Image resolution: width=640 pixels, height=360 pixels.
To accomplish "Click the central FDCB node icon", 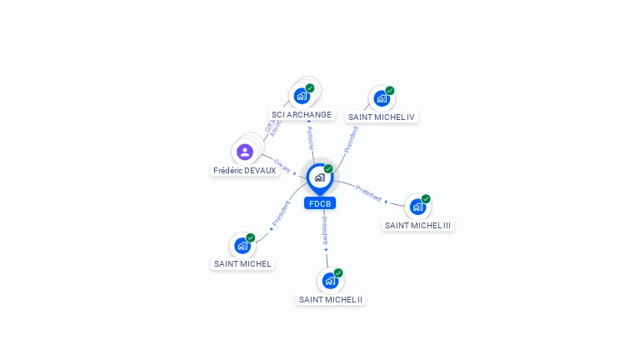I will tap(319, 177).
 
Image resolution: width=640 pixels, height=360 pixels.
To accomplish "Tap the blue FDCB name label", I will tap(320, 203).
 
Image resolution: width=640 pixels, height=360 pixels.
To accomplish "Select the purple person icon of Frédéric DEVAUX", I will tap(244, 152).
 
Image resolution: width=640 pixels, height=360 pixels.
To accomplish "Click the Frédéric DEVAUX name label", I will tap(244, 171).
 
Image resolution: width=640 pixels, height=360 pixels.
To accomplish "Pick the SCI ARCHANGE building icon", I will tap(301, 95).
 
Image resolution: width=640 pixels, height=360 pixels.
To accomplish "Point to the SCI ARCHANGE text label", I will tap(302, 115).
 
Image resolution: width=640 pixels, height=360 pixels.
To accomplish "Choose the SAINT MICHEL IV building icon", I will tap(381, 98).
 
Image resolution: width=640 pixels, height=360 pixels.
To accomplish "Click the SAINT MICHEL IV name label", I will tap(382, 117).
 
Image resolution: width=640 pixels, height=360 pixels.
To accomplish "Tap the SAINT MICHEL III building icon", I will tap(417, 207).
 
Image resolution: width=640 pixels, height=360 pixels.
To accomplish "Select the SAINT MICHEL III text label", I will tap(418, 225).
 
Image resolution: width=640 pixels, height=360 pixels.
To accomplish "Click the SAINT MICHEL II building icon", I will tap(329, 280).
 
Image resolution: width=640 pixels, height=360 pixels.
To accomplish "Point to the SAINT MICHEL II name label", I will tap(331, 299).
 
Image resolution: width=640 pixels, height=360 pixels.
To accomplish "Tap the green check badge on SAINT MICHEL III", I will tap(426, 199).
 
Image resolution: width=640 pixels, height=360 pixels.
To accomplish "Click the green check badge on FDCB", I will tap(328, 169).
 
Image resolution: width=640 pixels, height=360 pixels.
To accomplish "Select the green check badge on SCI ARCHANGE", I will tap(310, 87).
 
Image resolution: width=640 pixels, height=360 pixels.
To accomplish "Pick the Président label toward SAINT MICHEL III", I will tap(368, 192).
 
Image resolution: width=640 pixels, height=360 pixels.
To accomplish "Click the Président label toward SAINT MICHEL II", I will tap(325, 231).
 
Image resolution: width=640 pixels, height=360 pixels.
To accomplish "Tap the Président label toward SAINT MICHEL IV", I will tap(351, 139).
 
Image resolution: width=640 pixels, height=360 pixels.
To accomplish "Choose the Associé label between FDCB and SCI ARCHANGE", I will tap(310, 138).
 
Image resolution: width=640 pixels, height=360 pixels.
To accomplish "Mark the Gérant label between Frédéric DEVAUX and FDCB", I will tap(282, 166).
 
